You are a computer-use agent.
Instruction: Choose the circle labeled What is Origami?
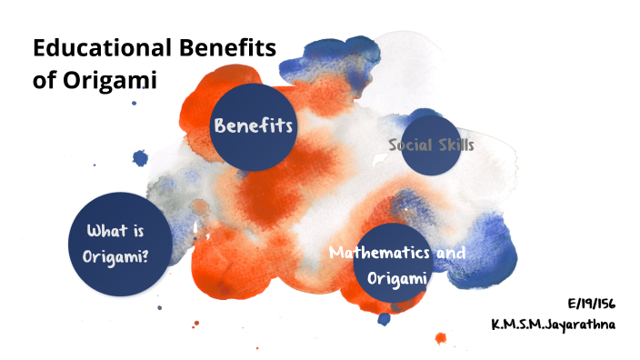[x=115, y=245]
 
